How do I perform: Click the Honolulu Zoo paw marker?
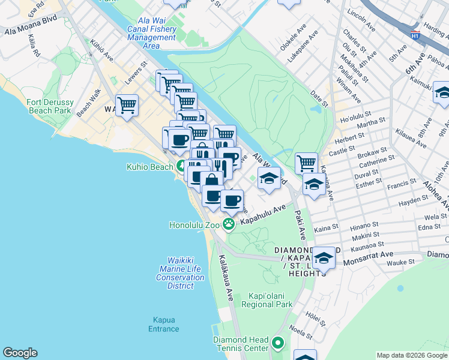pos(228,224)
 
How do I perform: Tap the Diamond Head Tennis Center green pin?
pos(277,344)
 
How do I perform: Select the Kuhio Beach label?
pos(150,167)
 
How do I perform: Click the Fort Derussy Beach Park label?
pos(50,106)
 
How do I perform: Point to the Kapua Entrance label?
pos(164,324)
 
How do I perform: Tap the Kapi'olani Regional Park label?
pos(271,301)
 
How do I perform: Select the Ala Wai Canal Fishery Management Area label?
pos(151,37)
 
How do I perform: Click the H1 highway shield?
pos(415,35)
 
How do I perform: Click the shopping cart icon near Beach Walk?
pos(127,106)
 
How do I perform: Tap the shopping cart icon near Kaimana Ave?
pos(306,162)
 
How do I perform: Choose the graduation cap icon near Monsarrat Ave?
pos(324,258)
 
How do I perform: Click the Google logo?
pos(20,353)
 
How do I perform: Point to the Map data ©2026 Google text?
pos(411,355)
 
